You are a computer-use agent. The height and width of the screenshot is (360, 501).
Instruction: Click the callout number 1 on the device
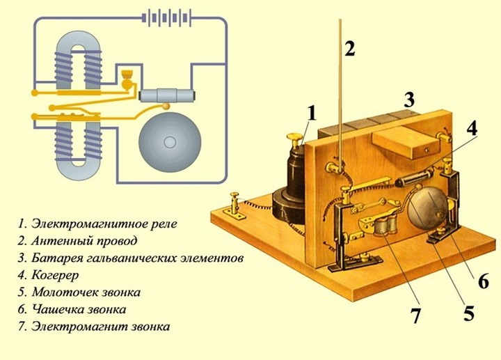312,114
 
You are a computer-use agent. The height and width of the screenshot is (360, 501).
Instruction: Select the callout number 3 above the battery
411,99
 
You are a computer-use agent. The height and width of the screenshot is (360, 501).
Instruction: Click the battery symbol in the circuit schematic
164,17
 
